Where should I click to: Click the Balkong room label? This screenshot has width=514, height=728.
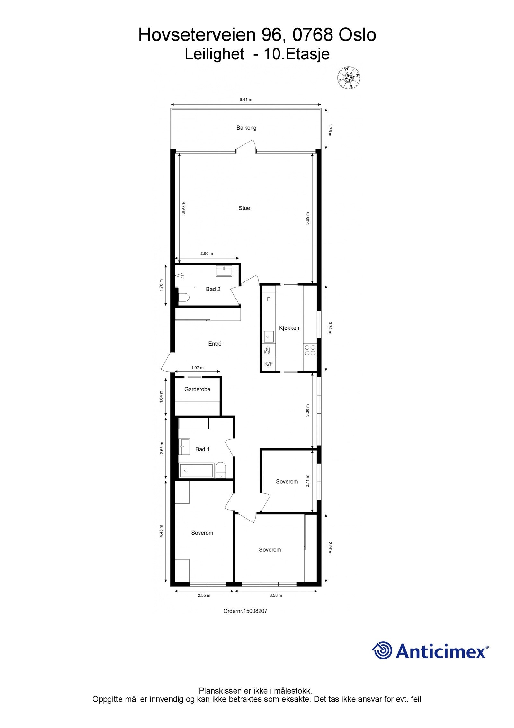point(246,128)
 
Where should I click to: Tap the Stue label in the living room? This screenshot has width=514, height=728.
point(244,208)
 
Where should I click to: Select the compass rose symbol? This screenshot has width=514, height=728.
point(348,78)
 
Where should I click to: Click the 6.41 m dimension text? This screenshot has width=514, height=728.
point(246,100)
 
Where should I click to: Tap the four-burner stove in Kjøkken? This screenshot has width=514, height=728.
point(310,350)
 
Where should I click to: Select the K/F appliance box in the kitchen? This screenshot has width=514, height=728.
point(268,364)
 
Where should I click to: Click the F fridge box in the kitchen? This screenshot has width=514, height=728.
point(269,299)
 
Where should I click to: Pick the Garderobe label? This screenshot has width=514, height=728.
point(197,389)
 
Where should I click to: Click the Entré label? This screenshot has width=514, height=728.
point(215,344)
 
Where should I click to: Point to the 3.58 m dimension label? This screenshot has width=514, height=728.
point(276,595)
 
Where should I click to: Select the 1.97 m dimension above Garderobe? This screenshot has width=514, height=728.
point(197,368)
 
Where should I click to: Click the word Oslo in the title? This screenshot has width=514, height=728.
point(357,35)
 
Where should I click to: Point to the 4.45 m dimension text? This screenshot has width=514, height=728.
point(161,530)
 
